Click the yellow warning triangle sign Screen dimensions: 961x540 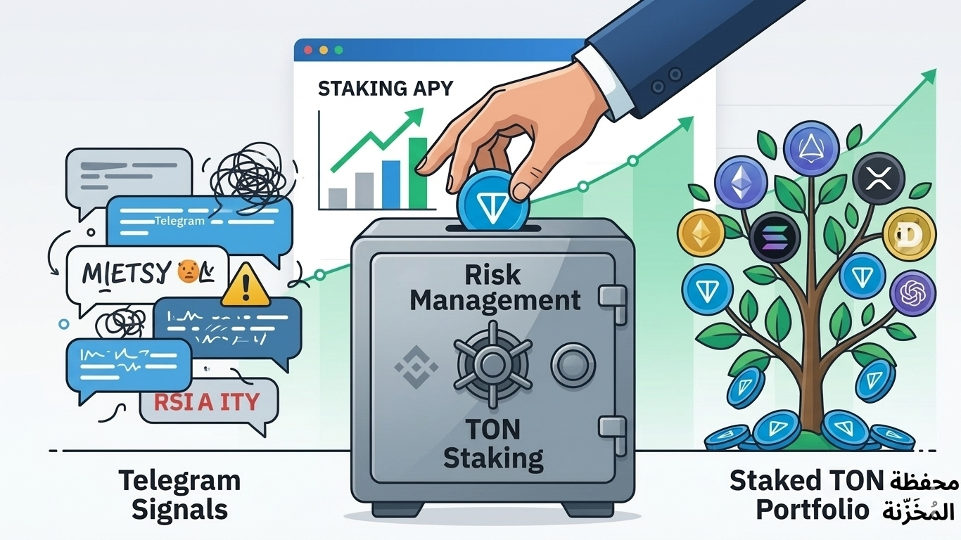[x=245, y=287]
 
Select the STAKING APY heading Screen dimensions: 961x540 [x=386, y=89]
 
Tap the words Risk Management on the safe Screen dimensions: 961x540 [x=495, y=287]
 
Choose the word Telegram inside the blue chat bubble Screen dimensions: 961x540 [x=179, y=221]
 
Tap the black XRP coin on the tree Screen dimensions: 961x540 [x=877, y=179]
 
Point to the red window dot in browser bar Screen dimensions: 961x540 [x=308, y=51]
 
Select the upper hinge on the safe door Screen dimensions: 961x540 [x=611, y=296]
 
